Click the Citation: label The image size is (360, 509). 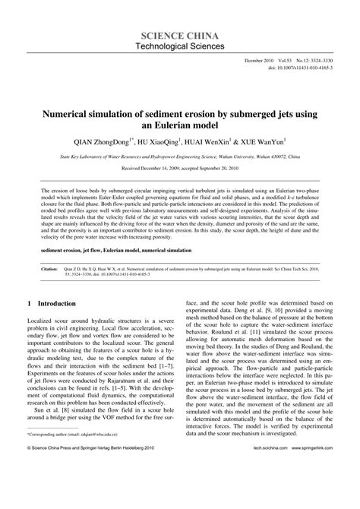point(50,247)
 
